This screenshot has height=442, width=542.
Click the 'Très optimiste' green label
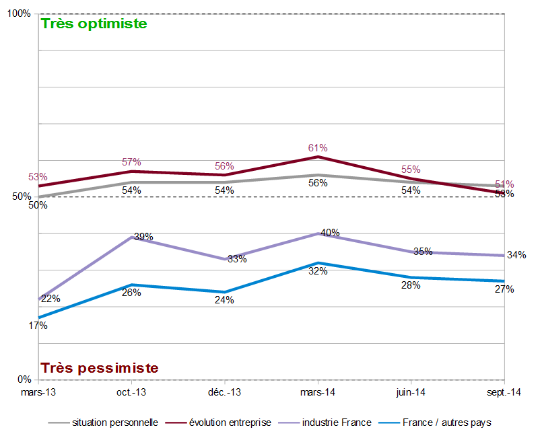[94, 24]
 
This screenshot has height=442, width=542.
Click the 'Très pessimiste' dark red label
[100, 368]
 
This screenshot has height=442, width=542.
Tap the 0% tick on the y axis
[24, 379]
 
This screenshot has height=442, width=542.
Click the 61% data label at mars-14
[318, 148]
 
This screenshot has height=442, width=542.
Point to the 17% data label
[38, 326]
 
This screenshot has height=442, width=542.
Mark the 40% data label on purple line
[330, 233]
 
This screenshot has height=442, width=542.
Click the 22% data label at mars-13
[50, 299]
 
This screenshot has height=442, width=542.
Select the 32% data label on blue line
[318, 271]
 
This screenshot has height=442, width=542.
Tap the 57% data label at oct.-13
[131, 162]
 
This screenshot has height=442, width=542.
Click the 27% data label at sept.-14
[504, 289]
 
